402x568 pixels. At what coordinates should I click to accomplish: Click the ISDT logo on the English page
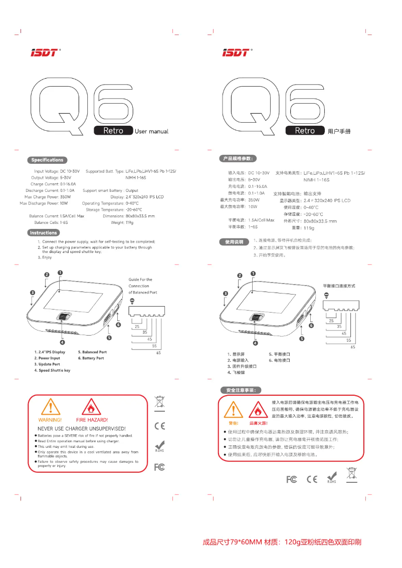pyautogui.click(x=44, y=52)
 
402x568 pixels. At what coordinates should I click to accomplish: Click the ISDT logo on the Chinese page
pyautogui.click(x=236, y=52)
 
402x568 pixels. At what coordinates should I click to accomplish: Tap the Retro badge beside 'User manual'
pyautogui.click(x=113, y=131)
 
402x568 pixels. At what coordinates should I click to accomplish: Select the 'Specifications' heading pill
pyautogui.click(x=47, y=160)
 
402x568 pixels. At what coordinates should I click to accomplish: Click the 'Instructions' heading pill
pyautogui.click(x=43, y=233)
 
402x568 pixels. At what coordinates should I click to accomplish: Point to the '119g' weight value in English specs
pyautogui.click(x=129, y=222)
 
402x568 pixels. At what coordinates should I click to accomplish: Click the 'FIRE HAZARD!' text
pyautogui.click(x=92, y=419)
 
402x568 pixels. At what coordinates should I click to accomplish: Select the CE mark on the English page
pyautogui.click(x=159, y=426)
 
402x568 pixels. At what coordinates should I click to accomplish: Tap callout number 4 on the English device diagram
pyautogui.click(x=62, y=343)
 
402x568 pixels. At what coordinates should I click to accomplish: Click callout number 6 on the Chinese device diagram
pyautogui.click(x=311, y=326)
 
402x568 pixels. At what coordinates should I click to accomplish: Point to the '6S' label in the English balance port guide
pyautogui.click(x=158, y=353)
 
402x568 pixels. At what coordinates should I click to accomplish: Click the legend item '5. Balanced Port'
pyautogui.click(x=92, y=352)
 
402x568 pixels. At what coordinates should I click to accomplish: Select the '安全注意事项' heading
pyautogui.click(x=241, y=390)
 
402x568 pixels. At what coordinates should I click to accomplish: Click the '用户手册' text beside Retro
pyautogui.click(x=339, y=131)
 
